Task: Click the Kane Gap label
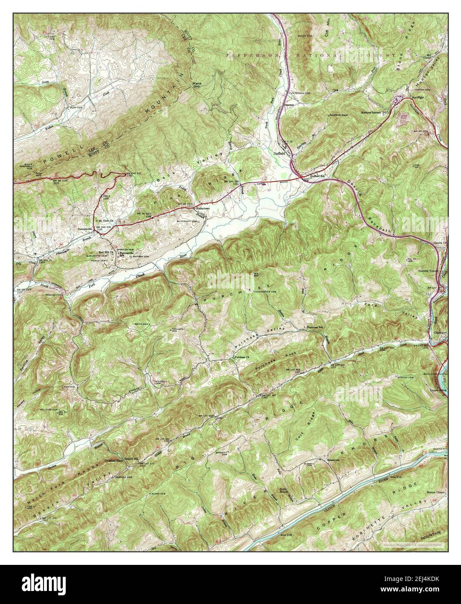tap(197, 84)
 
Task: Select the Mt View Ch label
tap(106, 221)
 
